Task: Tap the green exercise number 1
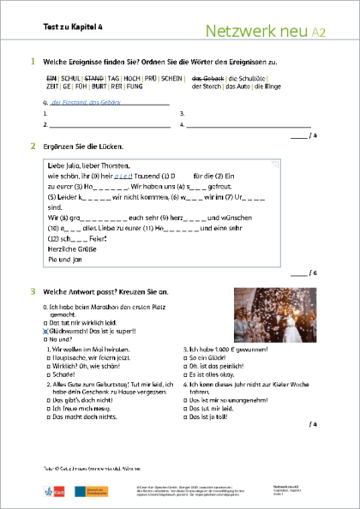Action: [x=33, y=62]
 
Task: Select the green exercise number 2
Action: [x=33, y=145]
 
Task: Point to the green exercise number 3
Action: [x=33, y=292]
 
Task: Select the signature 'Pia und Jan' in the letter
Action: [x=65, y=257]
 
